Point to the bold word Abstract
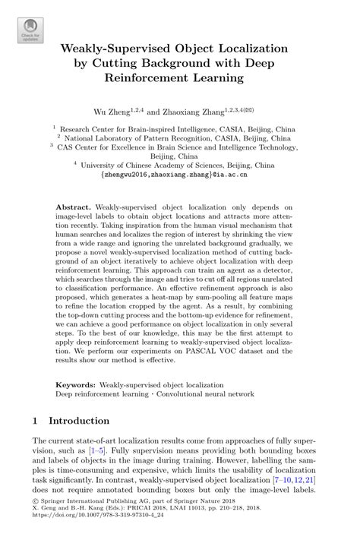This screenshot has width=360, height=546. [x=74, y=205]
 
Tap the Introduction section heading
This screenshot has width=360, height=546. [x=80, y=419]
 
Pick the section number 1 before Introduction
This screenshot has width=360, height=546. [x=35, y=419]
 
